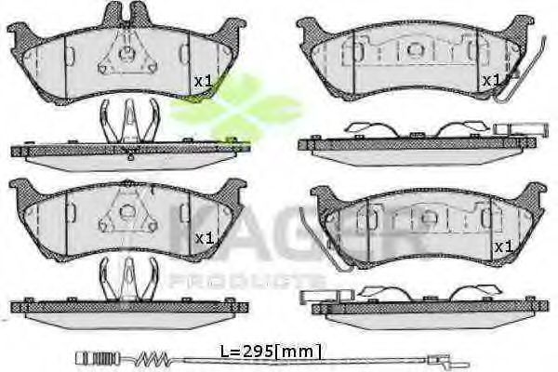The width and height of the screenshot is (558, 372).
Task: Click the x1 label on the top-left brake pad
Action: (x=203, y=81)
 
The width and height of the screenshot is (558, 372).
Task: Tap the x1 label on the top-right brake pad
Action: (x=491, y=81)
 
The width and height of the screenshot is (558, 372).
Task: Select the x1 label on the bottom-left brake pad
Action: (x=204, y=238)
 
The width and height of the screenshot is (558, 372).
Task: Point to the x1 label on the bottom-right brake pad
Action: (x=504, y=246)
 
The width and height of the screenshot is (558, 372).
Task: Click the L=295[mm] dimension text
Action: (x=272, y=352)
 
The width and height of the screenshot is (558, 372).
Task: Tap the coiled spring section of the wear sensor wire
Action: (x=153, y=357)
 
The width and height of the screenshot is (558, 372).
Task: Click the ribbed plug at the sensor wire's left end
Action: (x=98, y=357)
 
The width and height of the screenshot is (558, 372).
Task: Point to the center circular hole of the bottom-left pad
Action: (x=126, y=213)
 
